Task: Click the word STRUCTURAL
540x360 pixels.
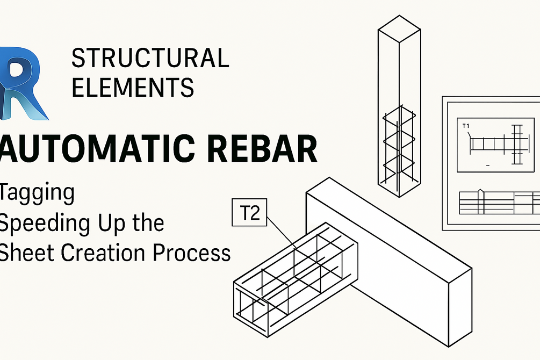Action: (150, 58)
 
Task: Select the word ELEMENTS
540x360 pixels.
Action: (133, 87)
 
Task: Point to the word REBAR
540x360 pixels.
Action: (262, 148)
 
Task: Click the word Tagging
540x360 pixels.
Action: (37, 193)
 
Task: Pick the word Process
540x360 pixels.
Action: (191, 253)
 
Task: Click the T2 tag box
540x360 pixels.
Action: (249, 213)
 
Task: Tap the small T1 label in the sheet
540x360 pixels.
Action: (466, 126)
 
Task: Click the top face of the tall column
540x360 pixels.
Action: (399, 29)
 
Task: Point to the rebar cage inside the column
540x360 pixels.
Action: (399, 148)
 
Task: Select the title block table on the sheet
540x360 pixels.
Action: (499, 203)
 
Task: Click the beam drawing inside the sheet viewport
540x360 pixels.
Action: (498, 145)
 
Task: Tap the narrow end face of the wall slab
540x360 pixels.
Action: (460, 307)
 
